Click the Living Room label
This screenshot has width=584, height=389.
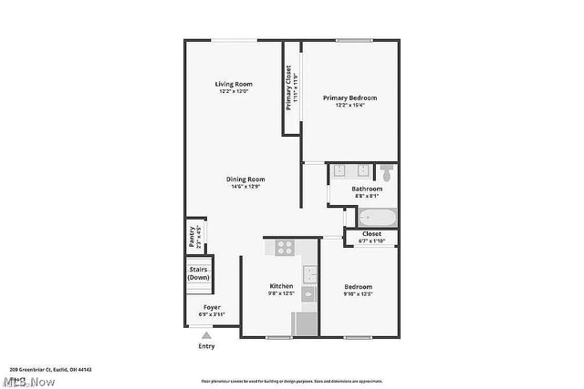point(234,84)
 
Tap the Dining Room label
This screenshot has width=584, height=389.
point(245,179)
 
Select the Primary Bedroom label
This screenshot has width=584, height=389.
point(349,97)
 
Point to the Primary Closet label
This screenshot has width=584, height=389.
point(289,89)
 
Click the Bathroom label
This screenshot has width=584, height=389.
point(368,189)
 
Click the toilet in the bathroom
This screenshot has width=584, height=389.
point(386,170)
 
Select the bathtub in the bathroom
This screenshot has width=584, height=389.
point(376,217)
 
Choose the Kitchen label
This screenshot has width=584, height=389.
point(281,286)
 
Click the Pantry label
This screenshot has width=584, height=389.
point(192,238)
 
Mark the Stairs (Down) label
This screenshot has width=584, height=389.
point(198,273)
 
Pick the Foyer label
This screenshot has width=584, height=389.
point(212,307)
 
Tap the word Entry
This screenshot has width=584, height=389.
point(207,346)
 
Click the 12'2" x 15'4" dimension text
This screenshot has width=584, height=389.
point(349,105)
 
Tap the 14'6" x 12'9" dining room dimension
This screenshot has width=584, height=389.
point(245,187)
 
